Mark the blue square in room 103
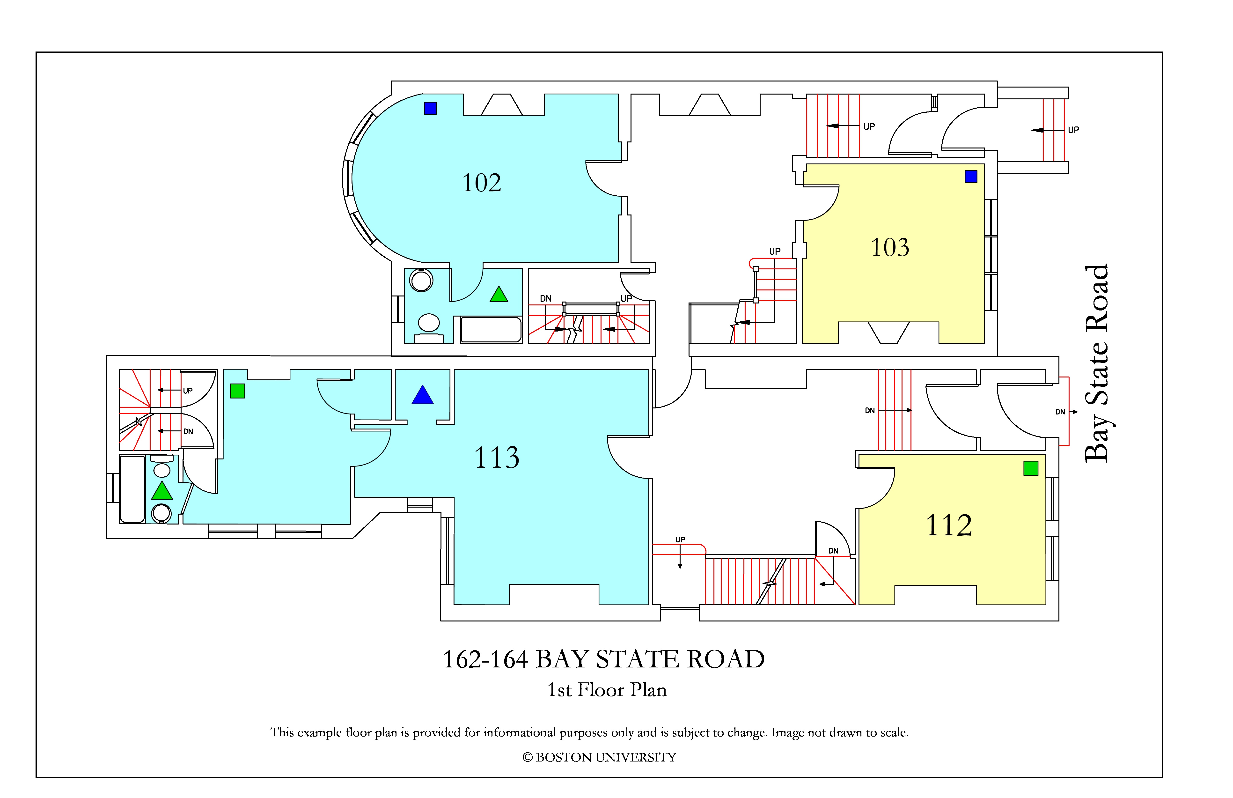971,177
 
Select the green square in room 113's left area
237,391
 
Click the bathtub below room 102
491,330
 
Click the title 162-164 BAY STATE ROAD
603,659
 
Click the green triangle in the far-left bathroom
162,491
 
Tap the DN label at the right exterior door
1060,412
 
